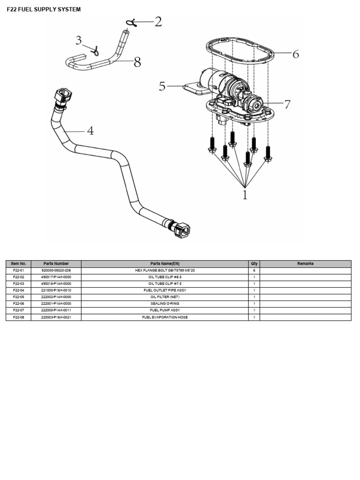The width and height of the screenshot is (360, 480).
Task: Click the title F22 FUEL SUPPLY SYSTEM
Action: coord(44,9)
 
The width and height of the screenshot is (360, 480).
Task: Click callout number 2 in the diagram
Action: coord(157,22)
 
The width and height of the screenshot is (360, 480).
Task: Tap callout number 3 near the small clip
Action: coord(79,41)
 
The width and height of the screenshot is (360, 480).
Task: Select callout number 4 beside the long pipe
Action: coord(90,131)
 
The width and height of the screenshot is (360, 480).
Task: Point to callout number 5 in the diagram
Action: coord(162,87)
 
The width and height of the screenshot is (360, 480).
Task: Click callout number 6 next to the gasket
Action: coord(295,54)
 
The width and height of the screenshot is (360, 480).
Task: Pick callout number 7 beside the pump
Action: coord(287,105)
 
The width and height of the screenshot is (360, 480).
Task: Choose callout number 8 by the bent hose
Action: coord(137,62)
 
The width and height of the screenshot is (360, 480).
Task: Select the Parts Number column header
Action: coord(56,264)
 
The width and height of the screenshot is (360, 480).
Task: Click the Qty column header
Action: coord(254,264)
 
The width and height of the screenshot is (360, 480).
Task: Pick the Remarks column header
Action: coord(305,264)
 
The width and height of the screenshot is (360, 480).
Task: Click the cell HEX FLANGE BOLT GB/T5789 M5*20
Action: coord(165,270)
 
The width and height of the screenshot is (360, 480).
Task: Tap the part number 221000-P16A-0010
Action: coord(56,291)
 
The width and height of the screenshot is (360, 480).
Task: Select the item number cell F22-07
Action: coord(18,310)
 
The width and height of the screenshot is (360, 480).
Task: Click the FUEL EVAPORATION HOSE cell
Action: coord(165,317)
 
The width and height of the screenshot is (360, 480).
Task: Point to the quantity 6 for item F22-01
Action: coord(254,270)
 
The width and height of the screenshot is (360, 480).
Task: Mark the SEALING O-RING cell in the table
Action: coord(165,304)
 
